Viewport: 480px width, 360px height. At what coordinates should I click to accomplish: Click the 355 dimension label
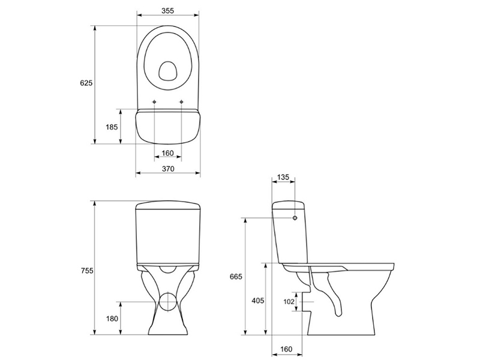coord(168,11)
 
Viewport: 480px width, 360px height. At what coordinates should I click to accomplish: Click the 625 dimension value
coord(86,83)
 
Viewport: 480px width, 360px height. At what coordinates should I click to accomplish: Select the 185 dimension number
coord(112,127)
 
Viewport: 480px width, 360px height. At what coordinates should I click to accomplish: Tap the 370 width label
coord(168,169)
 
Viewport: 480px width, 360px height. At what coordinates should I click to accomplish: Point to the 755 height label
coord(87,271)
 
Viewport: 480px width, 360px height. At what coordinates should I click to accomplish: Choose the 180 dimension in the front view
coord(112,319)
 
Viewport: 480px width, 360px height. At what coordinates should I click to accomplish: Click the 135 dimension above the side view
coord(283,177)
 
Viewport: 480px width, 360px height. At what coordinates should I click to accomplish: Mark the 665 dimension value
coord(236,277)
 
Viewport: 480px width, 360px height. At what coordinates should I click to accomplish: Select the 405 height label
coord(258,301)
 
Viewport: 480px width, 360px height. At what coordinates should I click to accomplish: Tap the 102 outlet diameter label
coord(289,302)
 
